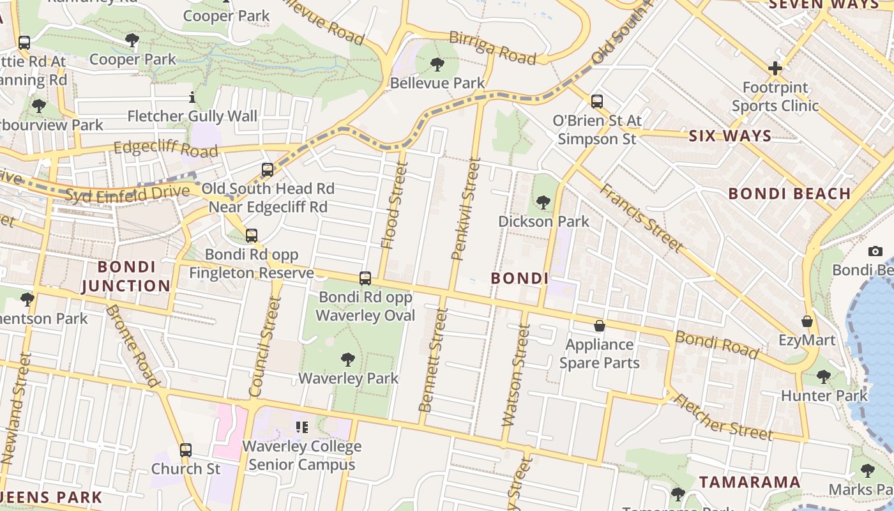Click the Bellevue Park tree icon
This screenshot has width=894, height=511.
(x=437, y=64)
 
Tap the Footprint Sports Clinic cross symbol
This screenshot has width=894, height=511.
(x=775, y=68)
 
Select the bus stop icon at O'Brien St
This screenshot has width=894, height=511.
(x=597, y=102)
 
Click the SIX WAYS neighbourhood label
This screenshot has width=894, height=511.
(x=730, y=136)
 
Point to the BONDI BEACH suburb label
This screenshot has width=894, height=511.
(x=789, y=194)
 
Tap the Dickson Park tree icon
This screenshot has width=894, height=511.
(x=543, y=202)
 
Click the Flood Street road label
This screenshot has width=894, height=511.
(x=394, y=205)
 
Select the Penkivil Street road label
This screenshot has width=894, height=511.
(x=466, y=210)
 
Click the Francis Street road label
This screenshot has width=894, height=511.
(x=641, y=217)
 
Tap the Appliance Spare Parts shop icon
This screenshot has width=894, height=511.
(x=600, y=326)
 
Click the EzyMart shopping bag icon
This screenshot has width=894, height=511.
(x=807, y=321)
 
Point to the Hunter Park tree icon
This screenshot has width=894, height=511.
(x=824, y=377)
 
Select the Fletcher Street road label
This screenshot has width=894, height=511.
(x=724, y=417)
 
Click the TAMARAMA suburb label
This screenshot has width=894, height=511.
(x=750, y=482)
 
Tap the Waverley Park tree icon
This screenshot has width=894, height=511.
(x=348, y=360)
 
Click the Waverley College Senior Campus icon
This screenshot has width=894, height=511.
(x=301, y=427)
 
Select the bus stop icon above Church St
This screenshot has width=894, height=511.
(x=186, y=450)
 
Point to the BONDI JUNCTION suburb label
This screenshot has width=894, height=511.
(x=126, y=276)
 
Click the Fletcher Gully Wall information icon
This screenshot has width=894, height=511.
(x=192, y=97)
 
